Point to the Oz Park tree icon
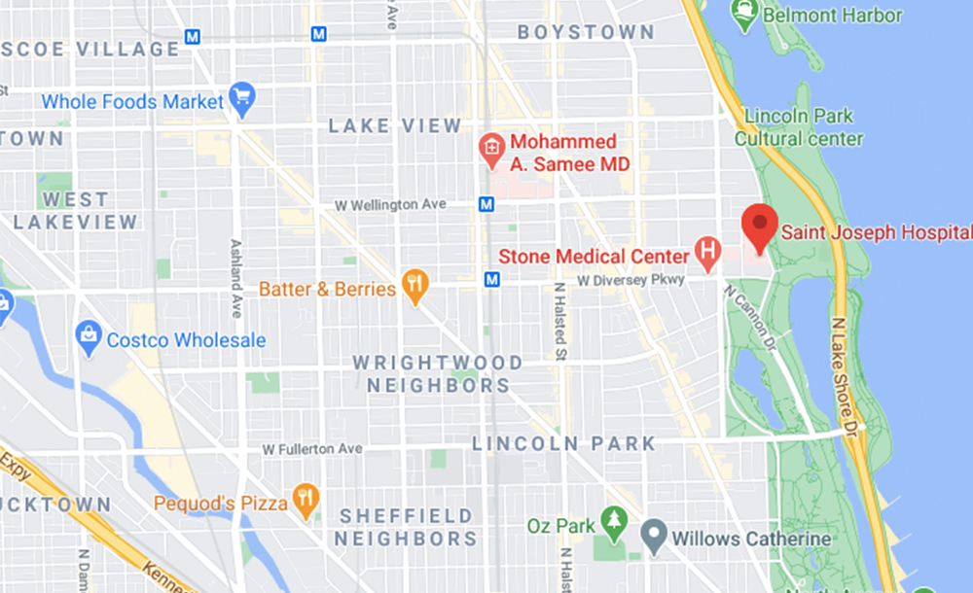tap(613, 524)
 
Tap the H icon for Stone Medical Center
tap(707, 255)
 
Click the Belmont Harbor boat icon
tap(744, 13)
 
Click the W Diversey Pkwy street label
tap(631, 279)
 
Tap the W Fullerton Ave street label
tap(311, 449)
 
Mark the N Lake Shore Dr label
tap(846, 374)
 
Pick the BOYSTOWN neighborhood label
tap(586, 32)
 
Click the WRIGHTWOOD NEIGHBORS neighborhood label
tap(438, 374)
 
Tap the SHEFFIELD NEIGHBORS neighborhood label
tap(406, 527)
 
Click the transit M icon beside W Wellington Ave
tap(486, 204)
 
